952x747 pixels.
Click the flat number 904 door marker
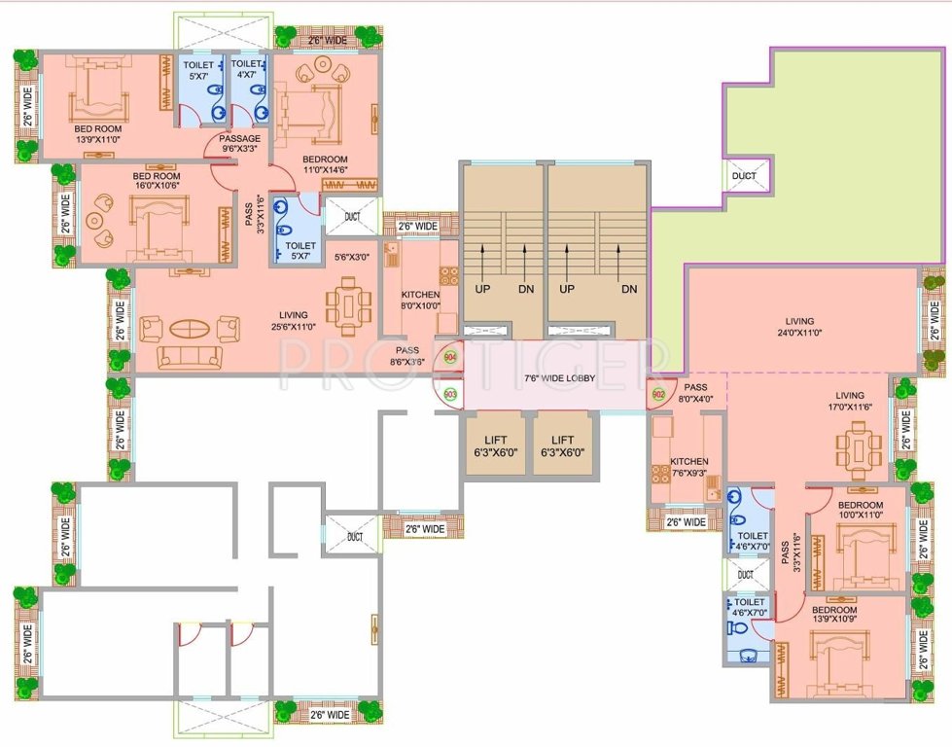(449, 357)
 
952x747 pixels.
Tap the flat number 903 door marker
(449, 394)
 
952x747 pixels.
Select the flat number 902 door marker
(658, 394)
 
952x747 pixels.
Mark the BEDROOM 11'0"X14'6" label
(325, 165)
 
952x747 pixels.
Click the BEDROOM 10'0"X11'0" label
(860, 511)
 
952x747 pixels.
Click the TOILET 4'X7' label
(246, 69)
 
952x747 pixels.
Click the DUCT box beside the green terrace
(745, 177)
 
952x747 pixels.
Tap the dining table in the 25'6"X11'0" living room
(346, 306)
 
